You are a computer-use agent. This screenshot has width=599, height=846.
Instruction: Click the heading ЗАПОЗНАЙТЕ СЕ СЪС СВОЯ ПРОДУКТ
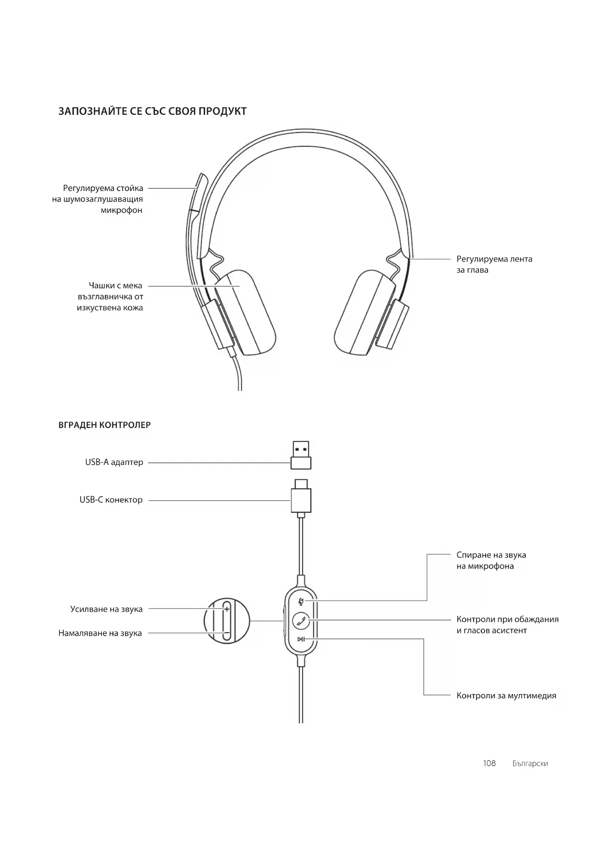153,111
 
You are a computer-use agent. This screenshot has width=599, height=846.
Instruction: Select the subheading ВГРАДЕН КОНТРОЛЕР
104,425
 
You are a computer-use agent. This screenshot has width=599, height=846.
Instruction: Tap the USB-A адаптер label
114,462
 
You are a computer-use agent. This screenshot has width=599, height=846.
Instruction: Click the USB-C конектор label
111,500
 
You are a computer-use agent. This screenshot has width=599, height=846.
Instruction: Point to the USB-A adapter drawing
301,455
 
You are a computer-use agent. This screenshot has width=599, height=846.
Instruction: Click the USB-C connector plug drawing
301,497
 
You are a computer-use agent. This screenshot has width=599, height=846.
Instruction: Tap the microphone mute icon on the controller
301,601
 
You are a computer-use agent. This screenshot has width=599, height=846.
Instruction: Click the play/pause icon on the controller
301,639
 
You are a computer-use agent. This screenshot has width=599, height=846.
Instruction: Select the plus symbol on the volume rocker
226,609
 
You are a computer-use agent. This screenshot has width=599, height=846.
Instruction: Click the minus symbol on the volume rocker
226,633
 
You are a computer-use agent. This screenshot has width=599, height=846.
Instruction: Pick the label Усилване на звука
106,609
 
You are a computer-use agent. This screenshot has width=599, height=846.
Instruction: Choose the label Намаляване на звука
100,633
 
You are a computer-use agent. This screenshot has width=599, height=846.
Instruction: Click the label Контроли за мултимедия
506,696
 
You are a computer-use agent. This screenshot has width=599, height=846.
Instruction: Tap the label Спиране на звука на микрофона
491,560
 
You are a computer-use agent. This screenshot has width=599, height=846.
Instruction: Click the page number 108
489,763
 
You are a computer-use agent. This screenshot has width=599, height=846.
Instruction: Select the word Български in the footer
530,764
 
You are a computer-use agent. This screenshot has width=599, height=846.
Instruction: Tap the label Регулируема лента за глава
494,264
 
